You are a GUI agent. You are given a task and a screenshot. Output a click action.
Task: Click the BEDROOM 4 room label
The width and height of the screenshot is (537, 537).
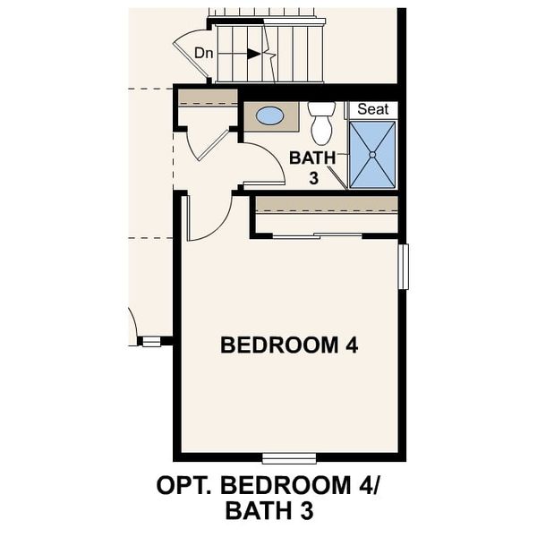pos(289,345)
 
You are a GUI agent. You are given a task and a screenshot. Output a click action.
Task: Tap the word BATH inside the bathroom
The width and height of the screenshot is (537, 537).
pos(311,158)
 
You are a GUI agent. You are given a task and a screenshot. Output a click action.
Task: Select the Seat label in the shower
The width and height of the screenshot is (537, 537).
pos(372,109)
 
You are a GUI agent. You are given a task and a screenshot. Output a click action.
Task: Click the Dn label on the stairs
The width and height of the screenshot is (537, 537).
pos(204,53)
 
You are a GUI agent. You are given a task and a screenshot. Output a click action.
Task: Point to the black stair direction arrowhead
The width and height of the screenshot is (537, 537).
pos(254,54)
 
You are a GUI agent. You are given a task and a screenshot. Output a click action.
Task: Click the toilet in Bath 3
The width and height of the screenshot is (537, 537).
pos(321,123)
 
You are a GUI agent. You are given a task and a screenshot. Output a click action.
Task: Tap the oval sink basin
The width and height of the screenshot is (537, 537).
pos(270,115)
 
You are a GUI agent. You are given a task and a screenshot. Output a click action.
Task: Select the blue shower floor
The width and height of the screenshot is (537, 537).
pos(371,154)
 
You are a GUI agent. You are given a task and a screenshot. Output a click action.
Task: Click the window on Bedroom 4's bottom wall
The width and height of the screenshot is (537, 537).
pos(289,458)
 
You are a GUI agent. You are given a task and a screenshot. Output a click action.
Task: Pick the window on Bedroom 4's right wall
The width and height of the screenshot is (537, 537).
pos(403,267)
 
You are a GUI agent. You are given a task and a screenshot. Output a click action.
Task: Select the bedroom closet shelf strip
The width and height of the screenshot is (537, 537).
pos(326,204)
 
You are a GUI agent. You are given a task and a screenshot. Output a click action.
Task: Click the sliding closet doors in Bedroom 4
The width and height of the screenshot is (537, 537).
pos(318,235)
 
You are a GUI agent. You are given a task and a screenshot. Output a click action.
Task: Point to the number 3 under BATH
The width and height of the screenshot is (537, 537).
pos(314,178)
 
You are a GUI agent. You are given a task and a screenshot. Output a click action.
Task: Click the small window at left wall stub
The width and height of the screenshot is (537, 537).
pos(150,341)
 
